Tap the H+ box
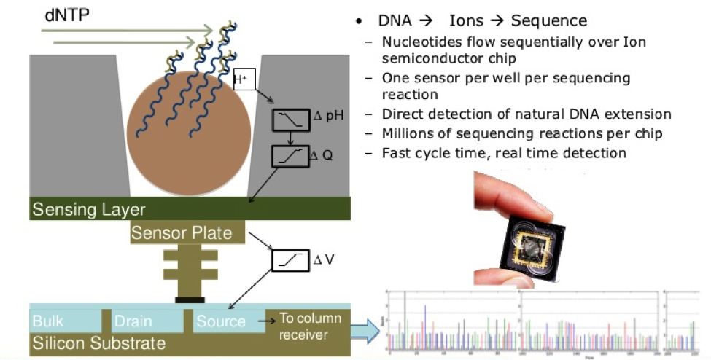(244, 79)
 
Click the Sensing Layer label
(88, 210)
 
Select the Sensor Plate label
(182, 233)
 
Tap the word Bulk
(48, 321)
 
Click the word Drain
(132, 321)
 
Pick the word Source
(222, 321)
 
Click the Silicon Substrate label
(98, 342)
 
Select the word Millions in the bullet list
(408, 133)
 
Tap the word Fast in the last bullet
(397, 152)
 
